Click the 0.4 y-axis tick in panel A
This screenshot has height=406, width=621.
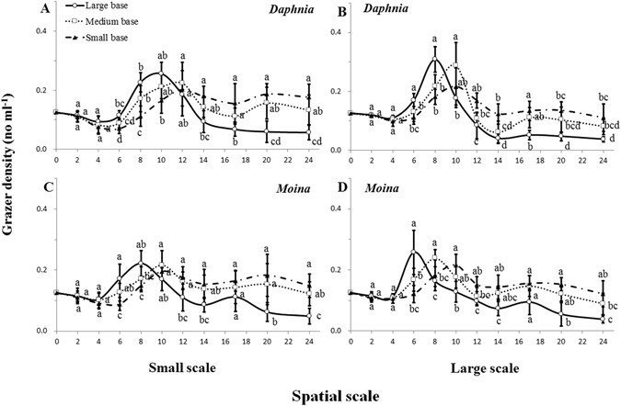[40, 33]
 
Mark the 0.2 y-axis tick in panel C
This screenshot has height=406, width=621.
[40, 273]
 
